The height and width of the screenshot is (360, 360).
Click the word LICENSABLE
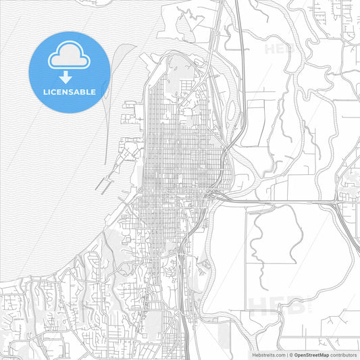click(x=70, y=91)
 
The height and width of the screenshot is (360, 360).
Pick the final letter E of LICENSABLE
click(x=93, y=91)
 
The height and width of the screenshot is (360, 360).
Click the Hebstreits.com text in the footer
click(x=266, y=354)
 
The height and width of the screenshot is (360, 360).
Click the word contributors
click(x=344, y=354)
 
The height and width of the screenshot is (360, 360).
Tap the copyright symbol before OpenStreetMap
click(x=292, y=354)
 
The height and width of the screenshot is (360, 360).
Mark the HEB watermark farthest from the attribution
click(x=280, y=49)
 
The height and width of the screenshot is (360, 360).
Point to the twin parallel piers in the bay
click(x=105, y=183)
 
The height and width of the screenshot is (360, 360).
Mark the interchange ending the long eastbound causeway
click(x=337, y=201)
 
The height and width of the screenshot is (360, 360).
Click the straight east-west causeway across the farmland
click(x=284, y=201)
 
